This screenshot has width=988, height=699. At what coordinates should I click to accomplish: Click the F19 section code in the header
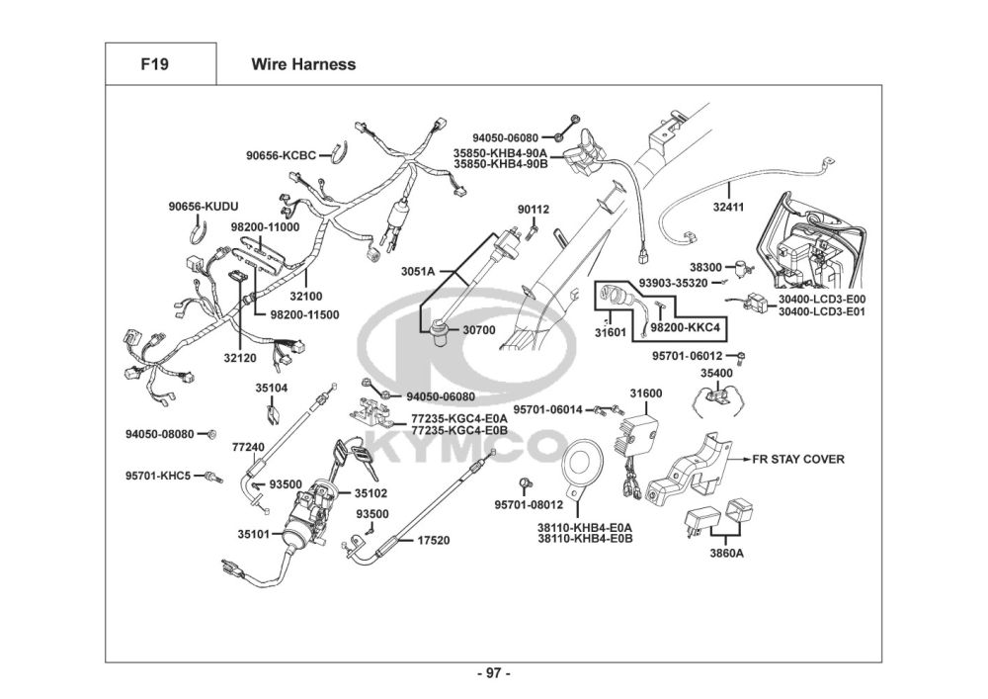pos(154,65)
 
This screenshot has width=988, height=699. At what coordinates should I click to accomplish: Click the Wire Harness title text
pos(303,65)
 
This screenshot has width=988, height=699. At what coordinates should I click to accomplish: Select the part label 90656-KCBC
pos(282,155)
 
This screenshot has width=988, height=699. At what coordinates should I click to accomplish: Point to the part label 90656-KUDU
pos(203,207)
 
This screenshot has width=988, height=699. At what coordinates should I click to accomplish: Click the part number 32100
pos(306,296)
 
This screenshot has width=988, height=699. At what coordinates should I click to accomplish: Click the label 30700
pos(479,329)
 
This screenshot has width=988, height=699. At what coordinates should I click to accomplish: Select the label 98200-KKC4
pos(684,326)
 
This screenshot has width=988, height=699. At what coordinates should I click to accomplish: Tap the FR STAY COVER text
pos(798,459)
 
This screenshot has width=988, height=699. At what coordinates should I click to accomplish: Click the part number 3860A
pos(726,553)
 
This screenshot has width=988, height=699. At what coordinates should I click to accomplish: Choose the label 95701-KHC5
pos(158,476)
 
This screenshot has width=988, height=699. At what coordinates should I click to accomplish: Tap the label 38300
pos(705,267)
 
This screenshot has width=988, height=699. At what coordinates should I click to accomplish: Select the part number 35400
pos(716,373)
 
